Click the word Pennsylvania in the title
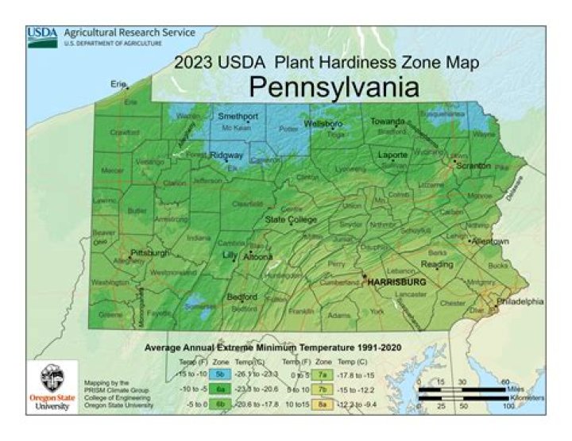[334, 86]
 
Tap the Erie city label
[119, 83]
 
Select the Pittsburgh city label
[150, 252]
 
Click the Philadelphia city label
[520, 301]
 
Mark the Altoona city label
[257, 256]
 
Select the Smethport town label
[238, 117]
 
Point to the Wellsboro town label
[323, 125]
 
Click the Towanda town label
[388, 122]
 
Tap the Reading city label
[436, 264]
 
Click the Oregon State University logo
[52, 386]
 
